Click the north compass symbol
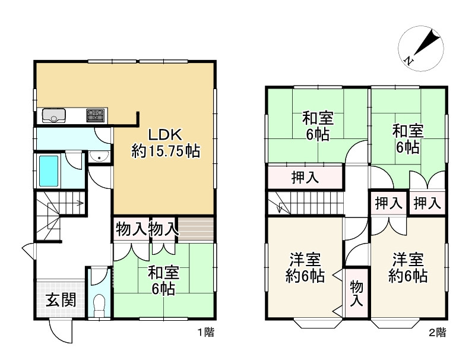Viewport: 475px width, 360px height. point(421,48)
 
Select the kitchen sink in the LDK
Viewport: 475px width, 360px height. point(54,115)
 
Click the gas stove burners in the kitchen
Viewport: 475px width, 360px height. point(95,115)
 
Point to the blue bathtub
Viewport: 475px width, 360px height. point(49,170)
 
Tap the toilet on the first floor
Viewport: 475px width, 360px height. point(99,304)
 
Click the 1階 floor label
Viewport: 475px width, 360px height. point(205,333)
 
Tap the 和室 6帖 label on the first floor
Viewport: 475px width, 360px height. point(161,281)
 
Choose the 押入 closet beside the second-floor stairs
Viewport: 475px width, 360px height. point(304,177)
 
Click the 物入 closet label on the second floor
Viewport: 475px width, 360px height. point(356,293)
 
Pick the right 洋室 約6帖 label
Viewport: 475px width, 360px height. point(408,267)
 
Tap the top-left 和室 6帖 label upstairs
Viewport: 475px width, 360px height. point(318,125)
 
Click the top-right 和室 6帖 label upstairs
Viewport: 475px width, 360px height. point(407,138)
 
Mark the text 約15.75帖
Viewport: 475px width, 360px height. point(165,151)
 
